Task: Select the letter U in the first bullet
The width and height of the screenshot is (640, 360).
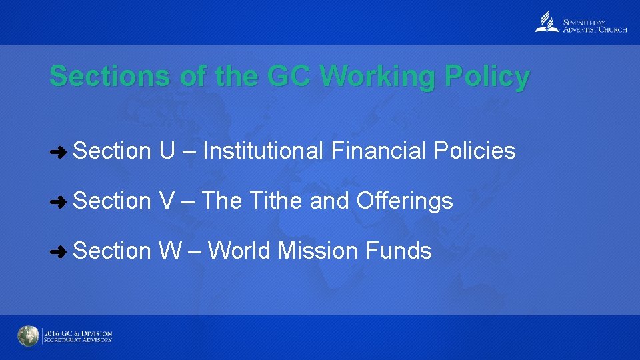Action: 167,151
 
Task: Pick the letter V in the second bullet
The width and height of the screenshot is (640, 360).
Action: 166,201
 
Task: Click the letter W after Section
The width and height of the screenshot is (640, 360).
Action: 170,251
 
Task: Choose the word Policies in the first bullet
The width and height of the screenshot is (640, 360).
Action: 475,151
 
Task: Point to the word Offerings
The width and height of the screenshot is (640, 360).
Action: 405,201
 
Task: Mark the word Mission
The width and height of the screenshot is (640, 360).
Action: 318,251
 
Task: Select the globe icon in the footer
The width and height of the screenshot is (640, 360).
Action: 29,337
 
